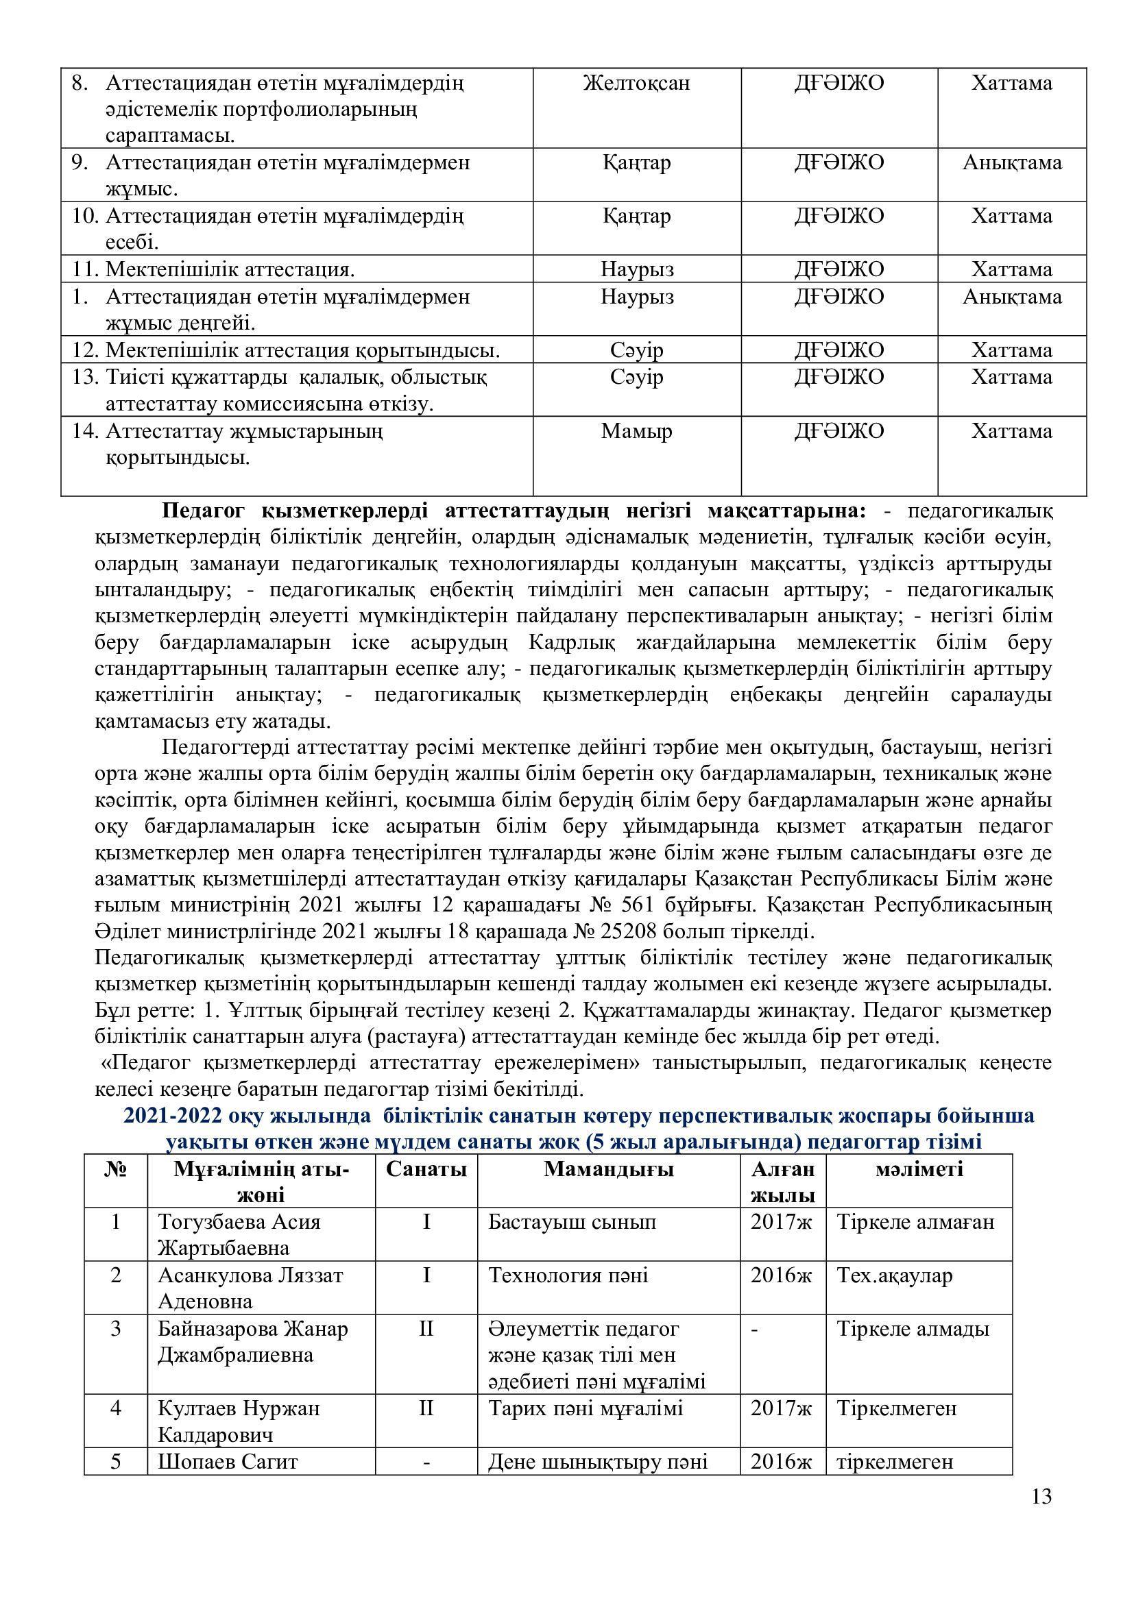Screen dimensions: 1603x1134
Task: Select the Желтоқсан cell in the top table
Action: pyautogui.click(x=636, y=84)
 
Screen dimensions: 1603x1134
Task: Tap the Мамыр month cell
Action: pyautogui.click(x=636, y=432)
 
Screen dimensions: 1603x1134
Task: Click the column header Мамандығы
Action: pyautogui.click(x=608, y=1169)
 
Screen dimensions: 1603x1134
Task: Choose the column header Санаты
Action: pyautogui.click(x=426, y=1169)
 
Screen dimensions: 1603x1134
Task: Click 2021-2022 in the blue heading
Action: pyautogui.click(x=173, y=1116)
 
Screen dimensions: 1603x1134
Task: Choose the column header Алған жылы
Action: pyautogui.click(x=782, y=1182)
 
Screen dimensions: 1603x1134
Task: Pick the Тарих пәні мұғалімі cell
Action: pyautogui.click(x=585, y=1408)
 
